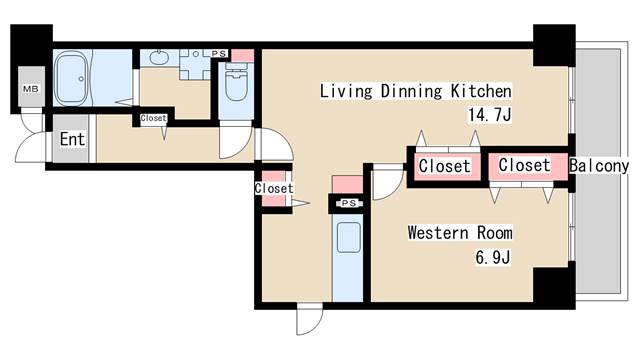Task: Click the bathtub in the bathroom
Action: [x=72, y=78]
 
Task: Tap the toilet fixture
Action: [x=236, y=82]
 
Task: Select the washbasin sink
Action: [x=159, y=57]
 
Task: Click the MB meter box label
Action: [x=31, y=88]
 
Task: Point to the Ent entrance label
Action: [x=72, y=139]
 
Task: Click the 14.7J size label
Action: [x=489, y=115]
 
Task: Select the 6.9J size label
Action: [x=493, y=257]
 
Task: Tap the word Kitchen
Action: [x=481, y=91]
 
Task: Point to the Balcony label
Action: [x=599, y=166]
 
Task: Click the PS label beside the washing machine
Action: [x=219, y=53]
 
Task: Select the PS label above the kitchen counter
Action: [x=349, y=203]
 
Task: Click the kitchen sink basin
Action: [x=349, y=238]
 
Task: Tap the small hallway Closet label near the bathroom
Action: [x=153, y=118]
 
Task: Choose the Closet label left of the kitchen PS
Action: [x=274, y=188]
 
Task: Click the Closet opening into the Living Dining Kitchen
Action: [x=444, y=166]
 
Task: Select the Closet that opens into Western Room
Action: [x=524, y=165]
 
